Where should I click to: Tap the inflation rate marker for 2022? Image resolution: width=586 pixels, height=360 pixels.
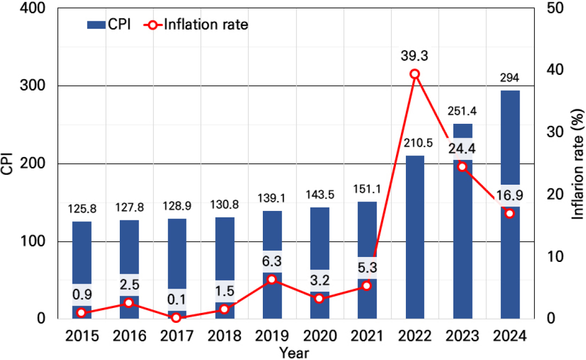click(415, 74)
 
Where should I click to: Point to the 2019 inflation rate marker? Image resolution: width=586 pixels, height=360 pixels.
click(272, 280)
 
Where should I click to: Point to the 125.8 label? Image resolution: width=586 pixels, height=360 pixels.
click(82, 209)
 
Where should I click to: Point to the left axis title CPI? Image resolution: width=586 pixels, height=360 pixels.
click(7, 163)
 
